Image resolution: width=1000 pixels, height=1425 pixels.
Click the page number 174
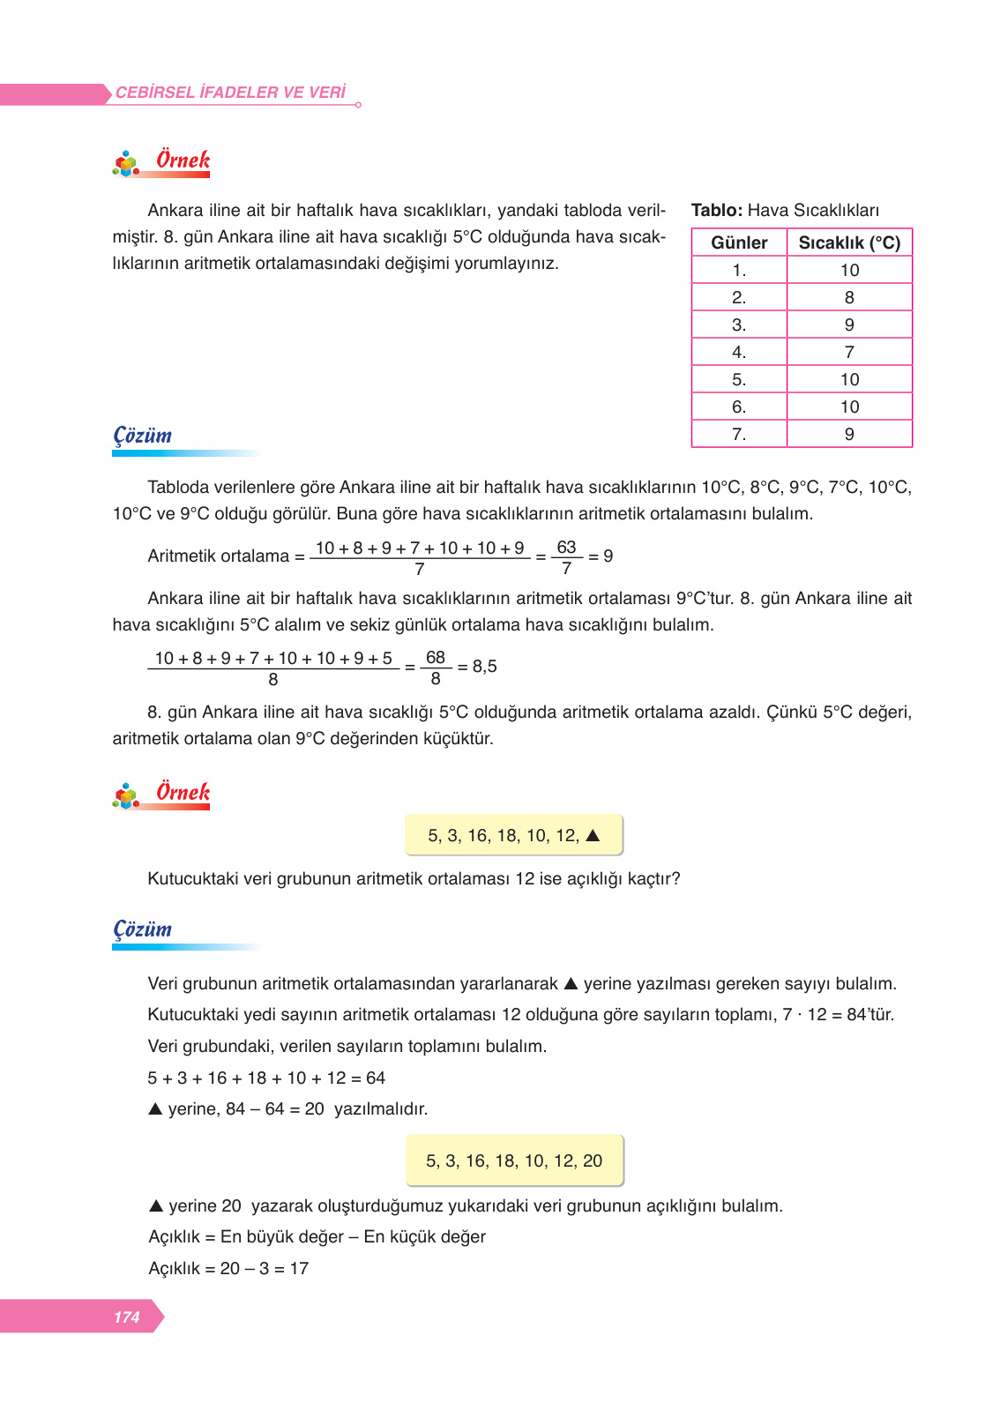(126, 1317)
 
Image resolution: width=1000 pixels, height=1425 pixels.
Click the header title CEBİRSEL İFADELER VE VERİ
(230, 93)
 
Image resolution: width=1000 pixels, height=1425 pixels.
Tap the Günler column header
(739, 242)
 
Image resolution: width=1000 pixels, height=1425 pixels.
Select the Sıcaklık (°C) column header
(849, 242)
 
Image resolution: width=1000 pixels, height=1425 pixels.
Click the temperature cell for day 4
(849, 352)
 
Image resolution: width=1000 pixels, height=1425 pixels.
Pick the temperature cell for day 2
(849, 297)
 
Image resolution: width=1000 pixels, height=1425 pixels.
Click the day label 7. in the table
(739, 434)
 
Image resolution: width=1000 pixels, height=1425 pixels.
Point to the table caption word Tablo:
(716, 210)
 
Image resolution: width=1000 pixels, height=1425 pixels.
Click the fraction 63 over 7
(566, 557)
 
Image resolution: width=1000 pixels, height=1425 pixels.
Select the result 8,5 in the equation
(484, 667)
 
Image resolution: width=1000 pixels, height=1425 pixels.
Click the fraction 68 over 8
(436, 668)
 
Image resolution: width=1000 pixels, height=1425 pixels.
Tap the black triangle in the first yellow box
(593, 835)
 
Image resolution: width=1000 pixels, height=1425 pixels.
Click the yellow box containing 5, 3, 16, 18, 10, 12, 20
(514, 1160)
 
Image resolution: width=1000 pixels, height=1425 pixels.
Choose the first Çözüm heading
(143, 436)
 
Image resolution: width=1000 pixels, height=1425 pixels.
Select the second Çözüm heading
(143, 929)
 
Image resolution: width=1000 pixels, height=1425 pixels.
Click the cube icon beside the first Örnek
(126, 164)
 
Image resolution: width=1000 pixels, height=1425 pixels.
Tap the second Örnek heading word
(183, 792)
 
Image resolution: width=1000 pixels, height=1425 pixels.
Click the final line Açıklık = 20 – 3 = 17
(228, 1268)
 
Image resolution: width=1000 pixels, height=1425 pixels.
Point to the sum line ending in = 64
(266, 1078)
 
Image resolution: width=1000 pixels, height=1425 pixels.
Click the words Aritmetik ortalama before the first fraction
(218, 556)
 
